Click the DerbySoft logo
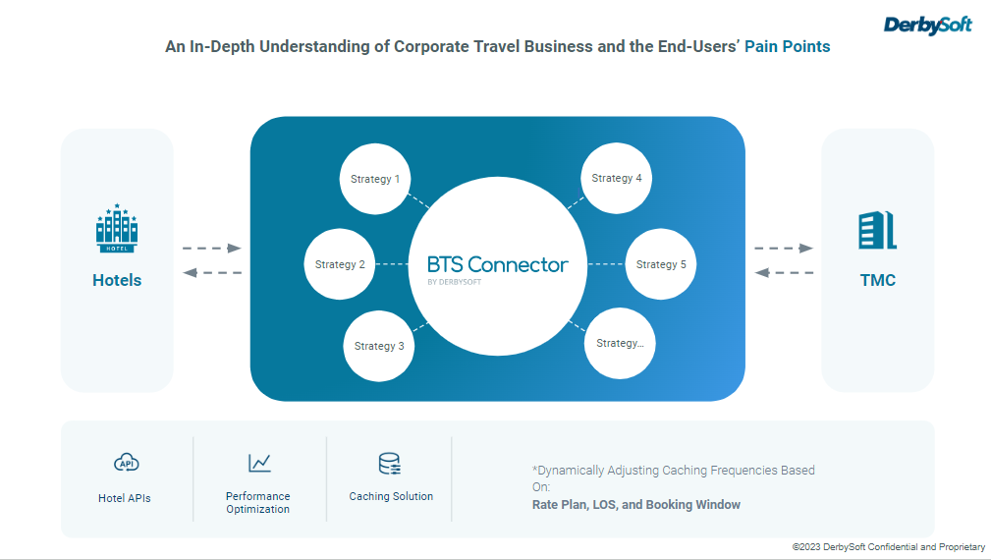pos(927,25)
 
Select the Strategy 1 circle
pos(375,180)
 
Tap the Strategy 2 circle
pos(340,264)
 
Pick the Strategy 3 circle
pos(379,346)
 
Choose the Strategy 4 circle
pos(617,179)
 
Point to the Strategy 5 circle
pos(661,264)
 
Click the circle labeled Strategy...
pos(620,344)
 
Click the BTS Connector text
pos(497,265)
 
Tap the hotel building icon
pos(117,229)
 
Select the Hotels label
pos(117,280)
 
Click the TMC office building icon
pos(877,230)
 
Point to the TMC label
pos(877,280)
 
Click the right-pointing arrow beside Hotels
pos(212,249)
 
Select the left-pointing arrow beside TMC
pos(784,272)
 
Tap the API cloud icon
pos(125,463)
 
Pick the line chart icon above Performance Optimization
pos(259,462)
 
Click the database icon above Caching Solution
pos(390,464)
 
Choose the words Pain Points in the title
pos(787,46)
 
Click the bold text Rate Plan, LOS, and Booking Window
pos(635,505)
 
